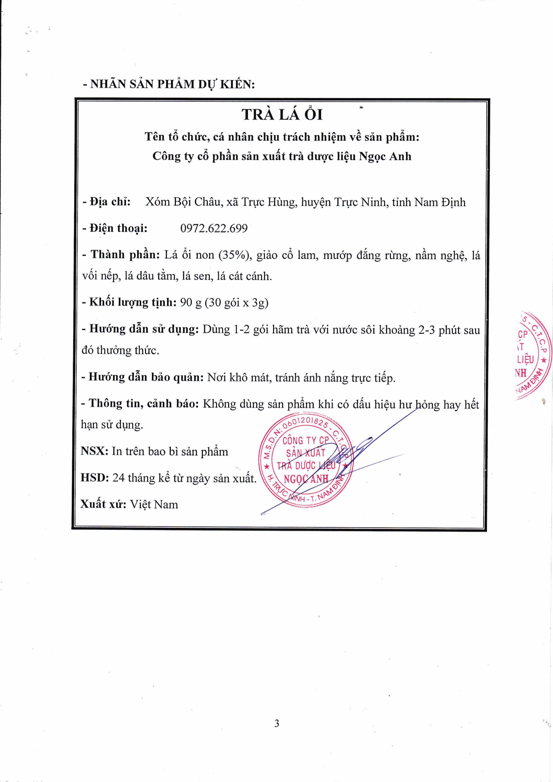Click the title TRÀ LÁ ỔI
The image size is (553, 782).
pyautogui.click(x=282, y=115)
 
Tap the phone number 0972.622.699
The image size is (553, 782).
pyautogui.click(x=214, y=228)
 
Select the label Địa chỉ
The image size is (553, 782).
pyautogui.click(x=110, y=202)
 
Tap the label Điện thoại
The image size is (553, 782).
pyautogui.click(x=118, y=228)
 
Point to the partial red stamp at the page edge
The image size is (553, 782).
pyautogui.click(x=533, y=356)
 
